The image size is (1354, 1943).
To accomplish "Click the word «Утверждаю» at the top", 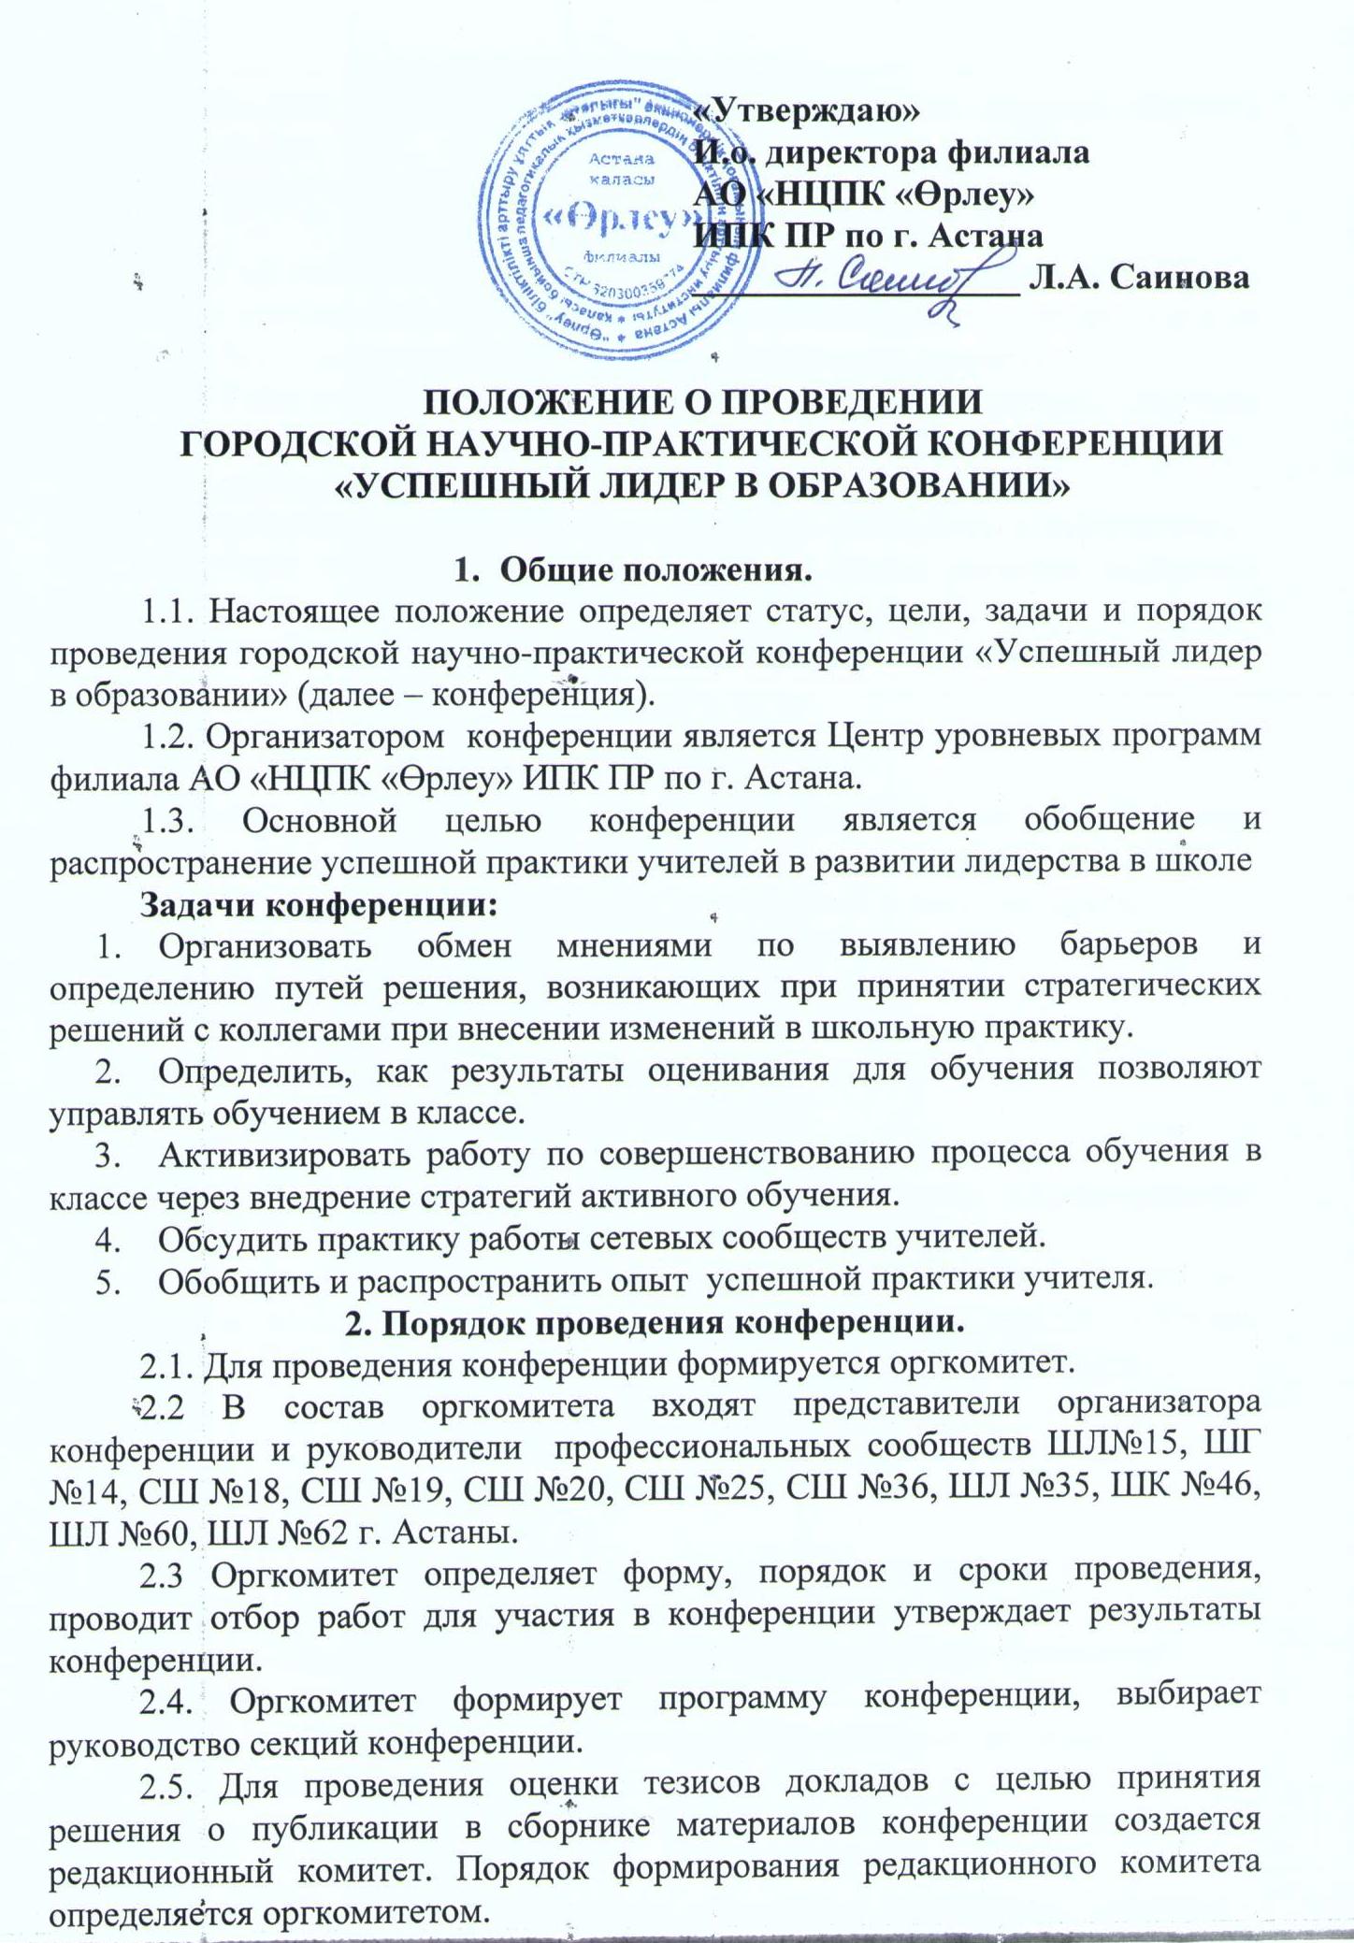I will tap(809, 110).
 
